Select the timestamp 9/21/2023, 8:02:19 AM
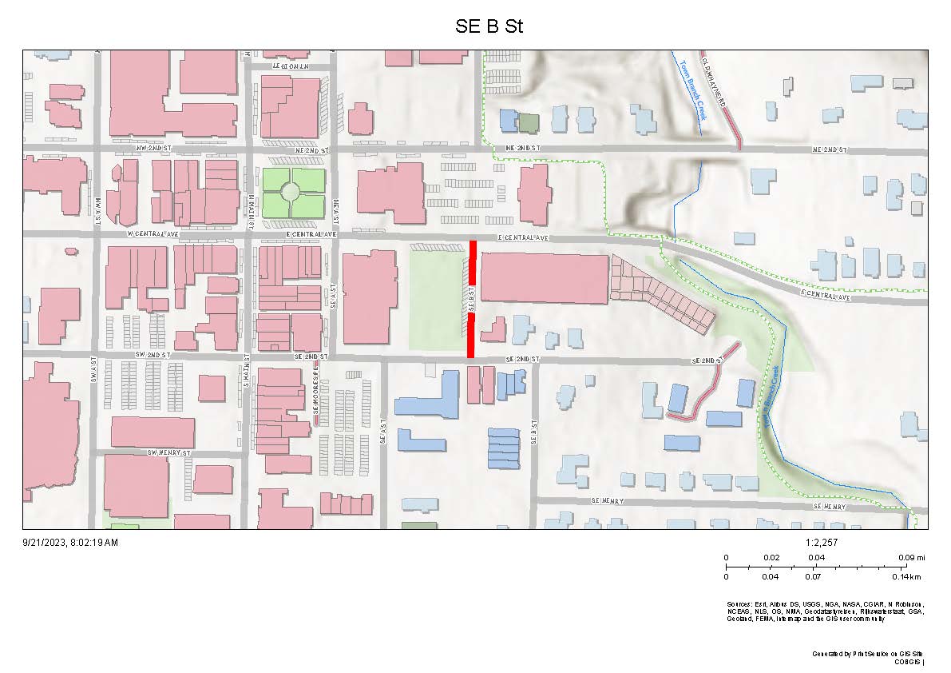pos(70,543)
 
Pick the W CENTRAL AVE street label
pos(151,234)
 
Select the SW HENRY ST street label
pos(169,452)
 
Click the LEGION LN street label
pos(291,66)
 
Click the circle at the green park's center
pos(291,192)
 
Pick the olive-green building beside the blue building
pos(529,122)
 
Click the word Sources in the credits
pos(739,603)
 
